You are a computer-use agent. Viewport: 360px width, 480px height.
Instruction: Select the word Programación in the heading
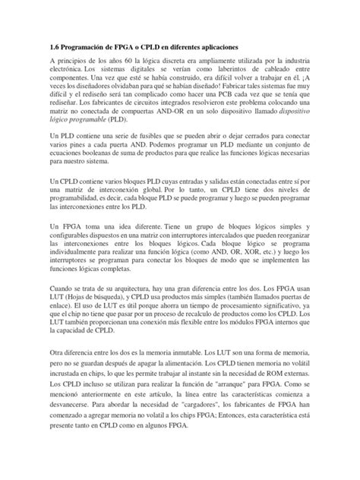[87, 44]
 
